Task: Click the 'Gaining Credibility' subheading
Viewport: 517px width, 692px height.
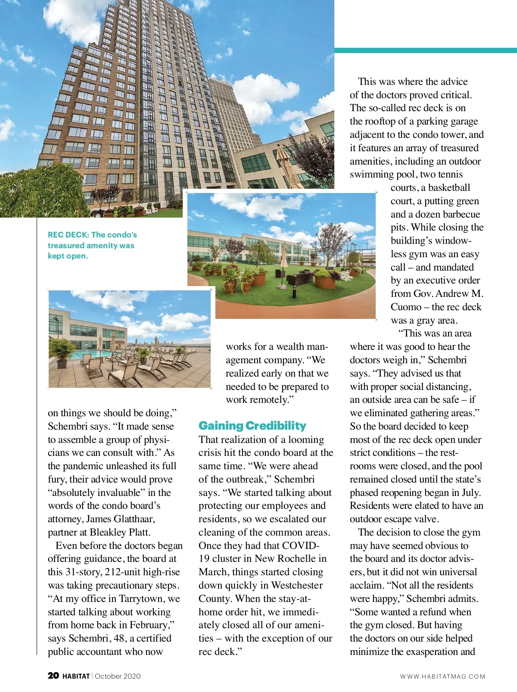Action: (x=252, y=426)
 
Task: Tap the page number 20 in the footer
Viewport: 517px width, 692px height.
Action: (x=53, y=676)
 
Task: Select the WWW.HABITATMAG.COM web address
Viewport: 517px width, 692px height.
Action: (x=442, y=676)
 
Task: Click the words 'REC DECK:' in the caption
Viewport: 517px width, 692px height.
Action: (x=69, y=235)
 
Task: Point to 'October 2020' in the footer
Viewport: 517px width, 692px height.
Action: (x=118, y=676)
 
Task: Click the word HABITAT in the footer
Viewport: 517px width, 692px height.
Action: (x=76, y=676)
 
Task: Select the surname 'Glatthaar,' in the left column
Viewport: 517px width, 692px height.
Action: (x=134, y=519)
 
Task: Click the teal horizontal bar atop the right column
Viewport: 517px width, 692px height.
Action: (x=425, y=50)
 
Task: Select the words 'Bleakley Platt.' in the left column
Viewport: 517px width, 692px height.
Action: (x=120, y=532)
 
